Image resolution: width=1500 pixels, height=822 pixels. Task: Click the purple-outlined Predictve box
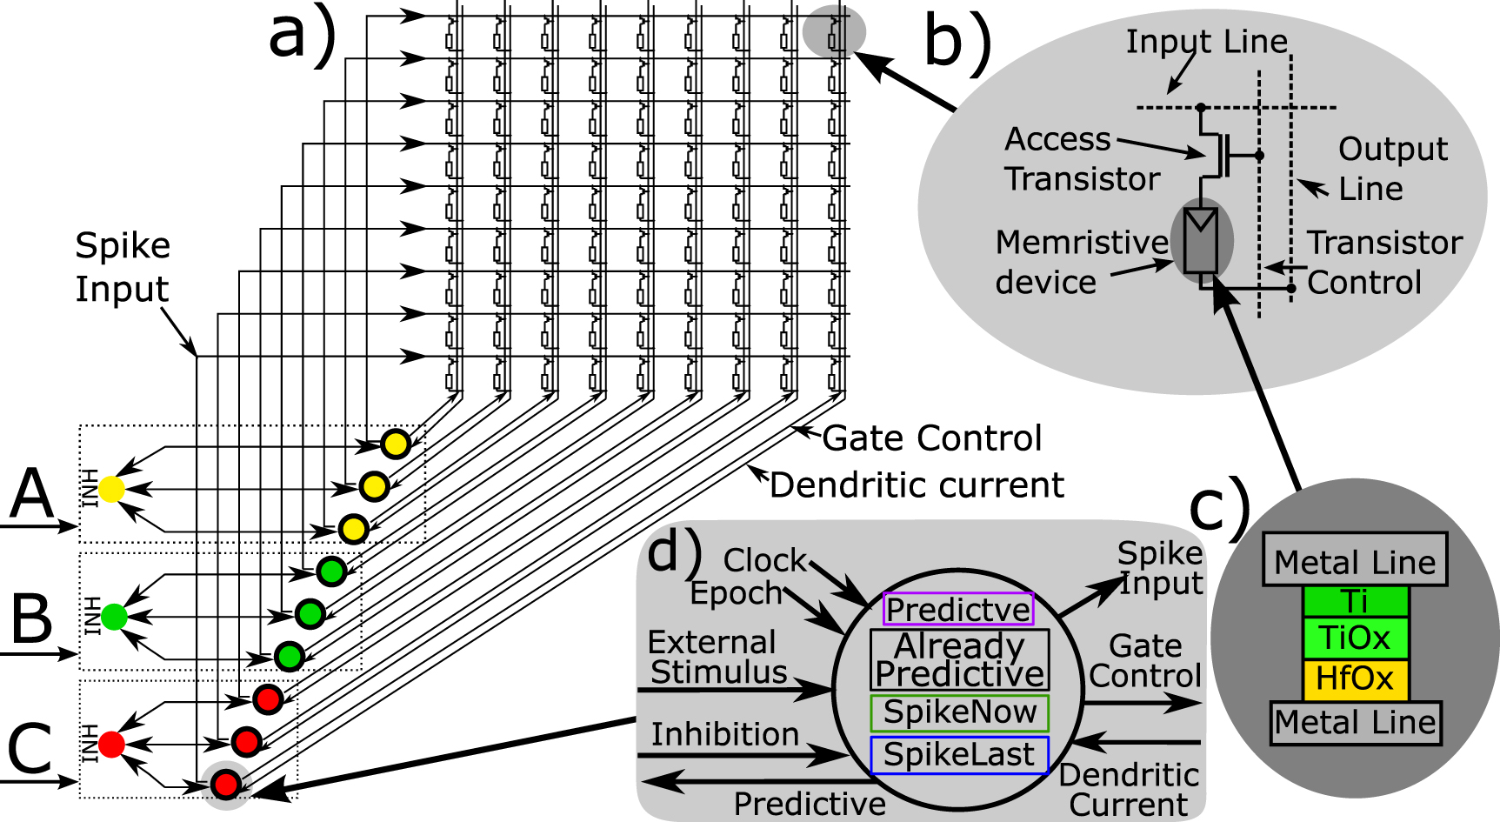pyautogui.click(x=958, y=609)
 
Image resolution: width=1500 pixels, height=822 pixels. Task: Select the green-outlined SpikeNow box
pyautogui.click(x=959, y=712)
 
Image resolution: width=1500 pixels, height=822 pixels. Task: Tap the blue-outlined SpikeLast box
pyautogui.click(x=959, y=755)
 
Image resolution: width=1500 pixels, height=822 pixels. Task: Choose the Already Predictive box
pyautogui.click(x=959, y=659)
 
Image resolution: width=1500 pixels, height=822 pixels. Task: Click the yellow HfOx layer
pyautogui.click(x=1355, y=678)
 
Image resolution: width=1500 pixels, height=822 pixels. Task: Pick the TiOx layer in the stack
pyautogui.click(x=1355, y=638)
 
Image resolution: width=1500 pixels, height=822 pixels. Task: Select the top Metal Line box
pyautogui.click(x=1355, y=561)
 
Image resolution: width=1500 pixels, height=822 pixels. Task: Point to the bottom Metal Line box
pyautogui.click(x=1355, y=722)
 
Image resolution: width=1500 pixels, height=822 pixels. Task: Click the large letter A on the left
pyautogui.click(x=33, y=494)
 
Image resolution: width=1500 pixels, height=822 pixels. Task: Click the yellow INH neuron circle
pyautogui.click(x=111, y=489)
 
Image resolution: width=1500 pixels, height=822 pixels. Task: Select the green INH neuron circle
pyautogui.click(x=114, y=617)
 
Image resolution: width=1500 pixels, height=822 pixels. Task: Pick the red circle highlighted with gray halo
pyautogui.click(x=226, y=785)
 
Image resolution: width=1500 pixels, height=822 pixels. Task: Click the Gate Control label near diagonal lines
pyautogui.click(x=931, y=438)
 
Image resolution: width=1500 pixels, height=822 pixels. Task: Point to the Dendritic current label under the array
pyautogui.click(x=917, y=485)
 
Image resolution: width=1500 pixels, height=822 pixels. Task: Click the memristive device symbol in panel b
pyautogui.click(x=1201, y=240)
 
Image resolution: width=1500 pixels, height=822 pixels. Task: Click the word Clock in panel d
pyautogui.click(x=765, y=560)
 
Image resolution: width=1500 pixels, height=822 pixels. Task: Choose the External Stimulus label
pyautogui.click(x=717, y=657)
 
